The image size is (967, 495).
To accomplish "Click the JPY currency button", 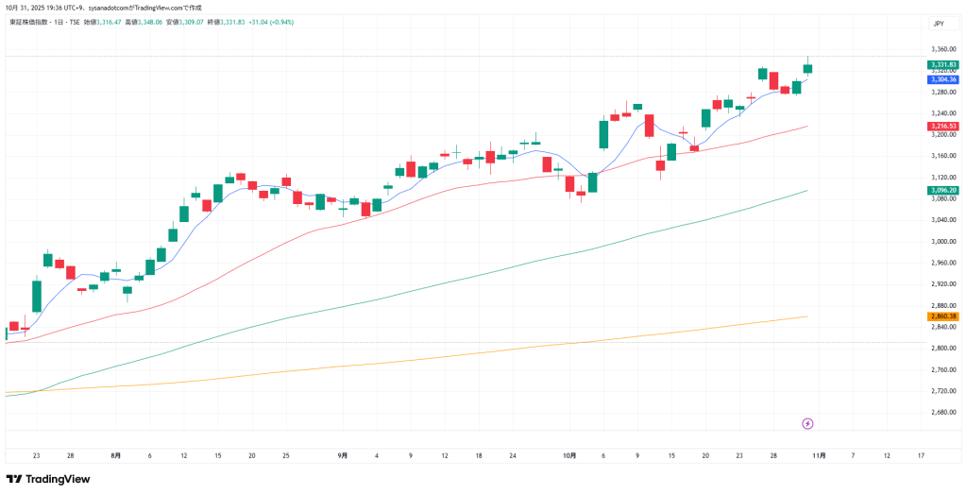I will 939,24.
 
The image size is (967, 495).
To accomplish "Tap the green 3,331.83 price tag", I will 943,64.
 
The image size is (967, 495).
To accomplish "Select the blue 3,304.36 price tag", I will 943,79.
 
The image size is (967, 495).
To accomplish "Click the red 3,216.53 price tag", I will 943,126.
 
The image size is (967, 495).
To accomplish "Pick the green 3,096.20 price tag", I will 943,190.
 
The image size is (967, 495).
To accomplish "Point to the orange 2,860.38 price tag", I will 943,316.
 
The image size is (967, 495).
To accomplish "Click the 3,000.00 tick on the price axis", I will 943,241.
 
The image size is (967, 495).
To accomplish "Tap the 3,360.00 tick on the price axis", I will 943,49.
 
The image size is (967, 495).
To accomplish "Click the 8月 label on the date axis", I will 115,455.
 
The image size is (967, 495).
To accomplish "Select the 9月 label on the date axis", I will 343,455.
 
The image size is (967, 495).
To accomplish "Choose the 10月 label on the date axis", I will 569,455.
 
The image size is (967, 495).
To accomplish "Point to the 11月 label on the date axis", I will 819,455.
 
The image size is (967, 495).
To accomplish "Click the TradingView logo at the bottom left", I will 49,479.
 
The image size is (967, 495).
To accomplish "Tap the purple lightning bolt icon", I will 807,423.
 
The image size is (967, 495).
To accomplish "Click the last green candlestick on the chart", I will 808,68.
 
